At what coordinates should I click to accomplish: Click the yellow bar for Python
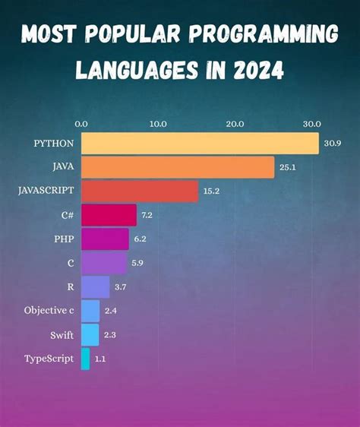(200, 144)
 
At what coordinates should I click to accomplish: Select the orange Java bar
(177, 167)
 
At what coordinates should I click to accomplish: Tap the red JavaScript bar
(139, 191)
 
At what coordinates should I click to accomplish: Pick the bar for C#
(109, 215)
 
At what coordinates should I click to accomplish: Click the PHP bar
(105, 239)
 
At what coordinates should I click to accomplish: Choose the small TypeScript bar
(85, 359)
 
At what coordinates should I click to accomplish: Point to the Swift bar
(90, 334)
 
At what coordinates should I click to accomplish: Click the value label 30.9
(332, 144)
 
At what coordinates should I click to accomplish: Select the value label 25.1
(287, 167)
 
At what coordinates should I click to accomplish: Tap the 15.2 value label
(211, 191)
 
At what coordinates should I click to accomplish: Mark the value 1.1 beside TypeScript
(100, 359)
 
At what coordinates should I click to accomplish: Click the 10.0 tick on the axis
(158, 123)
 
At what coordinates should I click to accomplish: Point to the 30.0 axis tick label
(311, 123)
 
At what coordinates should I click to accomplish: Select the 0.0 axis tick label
(81, 123)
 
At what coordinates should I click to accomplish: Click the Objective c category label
(49, 311)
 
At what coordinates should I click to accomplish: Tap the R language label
(70, 287)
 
